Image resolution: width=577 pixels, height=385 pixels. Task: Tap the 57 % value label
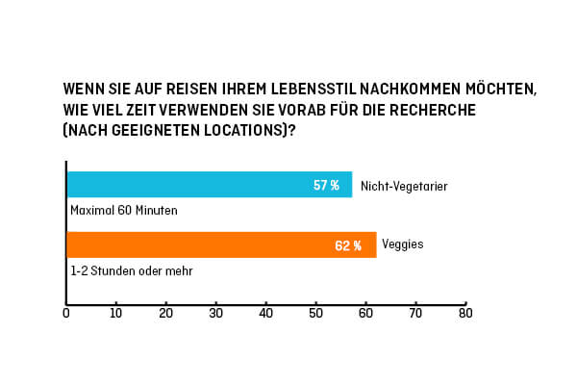(x=326, y=185)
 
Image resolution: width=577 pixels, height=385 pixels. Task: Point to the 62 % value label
(x=348, y=245)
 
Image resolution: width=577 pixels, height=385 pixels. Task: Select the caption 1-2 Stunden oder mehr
(x=131, y=271)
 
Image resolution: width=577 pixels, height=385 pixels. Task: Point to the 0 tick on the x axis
(x=66, y=314)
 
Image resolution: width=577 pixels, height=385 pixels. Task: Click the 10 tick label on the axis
(x=116, y=314)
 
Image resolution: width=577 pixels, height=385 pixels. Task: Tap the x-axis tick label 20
(x=166, y=314)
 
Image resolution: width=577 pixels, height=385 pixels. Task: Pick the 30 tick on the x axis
(x=216, y=314)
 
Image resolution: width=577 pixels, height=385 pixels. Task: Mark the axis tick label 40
(x=266, y=314)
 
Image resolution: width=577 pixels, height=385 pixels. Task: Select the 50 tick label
(x=315, y=314)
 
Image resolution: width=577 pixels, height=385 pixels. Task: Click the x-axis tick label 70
(x=415, y=314)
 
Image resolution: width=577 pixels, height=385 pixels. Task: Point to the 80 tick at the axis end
(x=465, y=314)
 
